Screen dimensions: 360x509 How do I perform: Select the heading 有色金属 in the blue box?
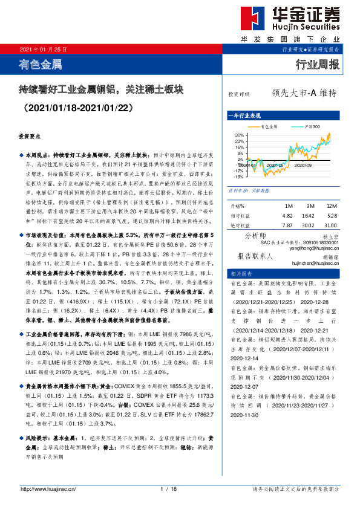(x=41, y=63)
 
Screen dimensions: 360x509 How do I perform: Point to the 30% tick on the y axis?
(x=238, y=135)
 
